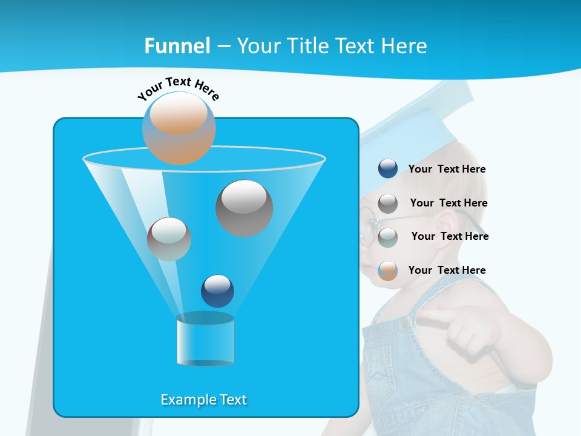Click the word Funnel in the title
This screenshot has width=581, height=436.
pyautogui.click(x=177, y=46)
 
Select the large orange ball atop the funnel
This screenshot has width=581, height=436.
pyautogui.click(x=179, y=128)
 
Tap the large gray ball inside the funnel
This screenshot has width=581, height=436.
pyautogui.click(x=244, y=208)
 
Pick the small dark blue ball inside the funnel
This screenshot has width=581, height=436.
pyautogui.click(x=217, y=291)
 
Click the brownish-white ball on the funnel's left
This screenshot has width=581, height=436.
pyautogui.click(x=169, y=239)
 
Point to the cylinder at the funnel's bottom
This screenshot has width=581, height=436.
pyautogui.click(x=205, y=340)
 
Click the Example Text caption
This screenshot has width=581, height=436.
pyautogui.click(x=203, y=400)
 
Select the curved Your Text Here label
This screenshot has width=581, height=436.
pyautogui.click(x=178, y=88)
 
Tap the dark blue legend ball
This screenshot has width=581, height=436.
pyautogui.click(x=388, y=168)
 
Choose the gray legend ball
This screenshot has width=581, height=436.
pyautogui.click(x=388, y=203)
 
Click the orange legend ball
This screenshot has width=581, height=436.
pyautogui.click(x=388, y=271)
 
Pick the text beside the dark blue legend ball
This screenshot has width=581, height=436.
pyautogui.click(x=447, y=169)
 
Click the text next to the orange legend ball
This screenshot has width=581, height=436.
pyautogui.click(x=447, y=270)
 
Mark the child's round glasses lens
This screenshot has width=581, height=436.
pyautogui.click(x=367, y=227)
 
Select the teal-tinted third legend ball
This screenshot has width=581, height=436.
pyautogui.click(x=388, y=237)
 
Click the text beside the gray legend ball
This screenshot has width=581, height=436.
pyautogui.click(x=448, y=203)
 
